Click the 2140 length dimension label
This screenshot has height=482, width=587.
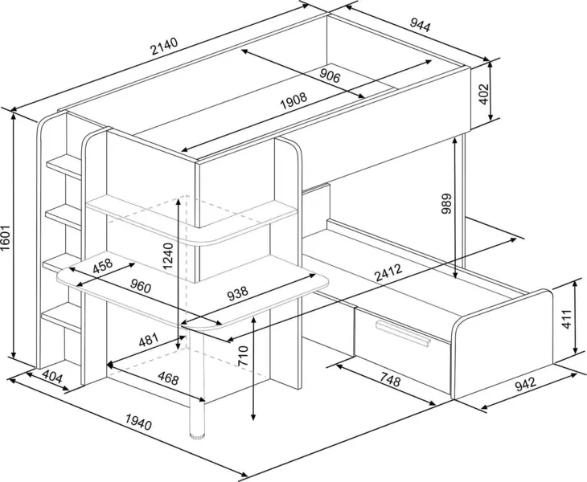(164, 46)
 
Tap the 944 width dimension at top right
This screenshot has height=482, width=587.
(421, 25)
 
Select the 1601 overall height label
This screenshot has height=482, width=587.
(6, 239)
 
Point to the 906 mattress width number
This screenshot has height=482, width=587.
(330, 76)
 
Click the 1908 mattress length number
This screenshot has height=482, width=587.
(293, 100)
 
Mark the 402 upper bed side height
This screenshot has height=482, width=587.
(484, 94)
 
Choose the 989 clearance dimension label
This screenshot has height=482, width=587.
(446, 204)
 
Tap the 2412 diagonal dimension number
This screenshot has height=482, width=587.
(388, 272)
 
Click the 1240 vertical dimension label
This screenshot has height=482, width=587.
(168, 256)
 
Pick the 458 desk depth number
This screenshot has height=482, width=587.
(102, 265)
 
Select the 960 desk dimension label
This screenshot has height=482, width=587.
(141, 286)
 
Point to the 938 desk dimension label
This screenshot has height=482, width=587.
(237, 293)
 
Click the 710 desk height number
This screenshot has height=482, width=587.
(243, 356)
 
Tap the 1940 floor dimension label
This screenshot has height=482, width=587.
(138, 423)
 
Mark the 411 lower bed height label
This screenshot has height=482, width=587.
(567, 319)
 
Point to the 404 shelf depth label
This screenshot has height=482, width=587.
(51, 377)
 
